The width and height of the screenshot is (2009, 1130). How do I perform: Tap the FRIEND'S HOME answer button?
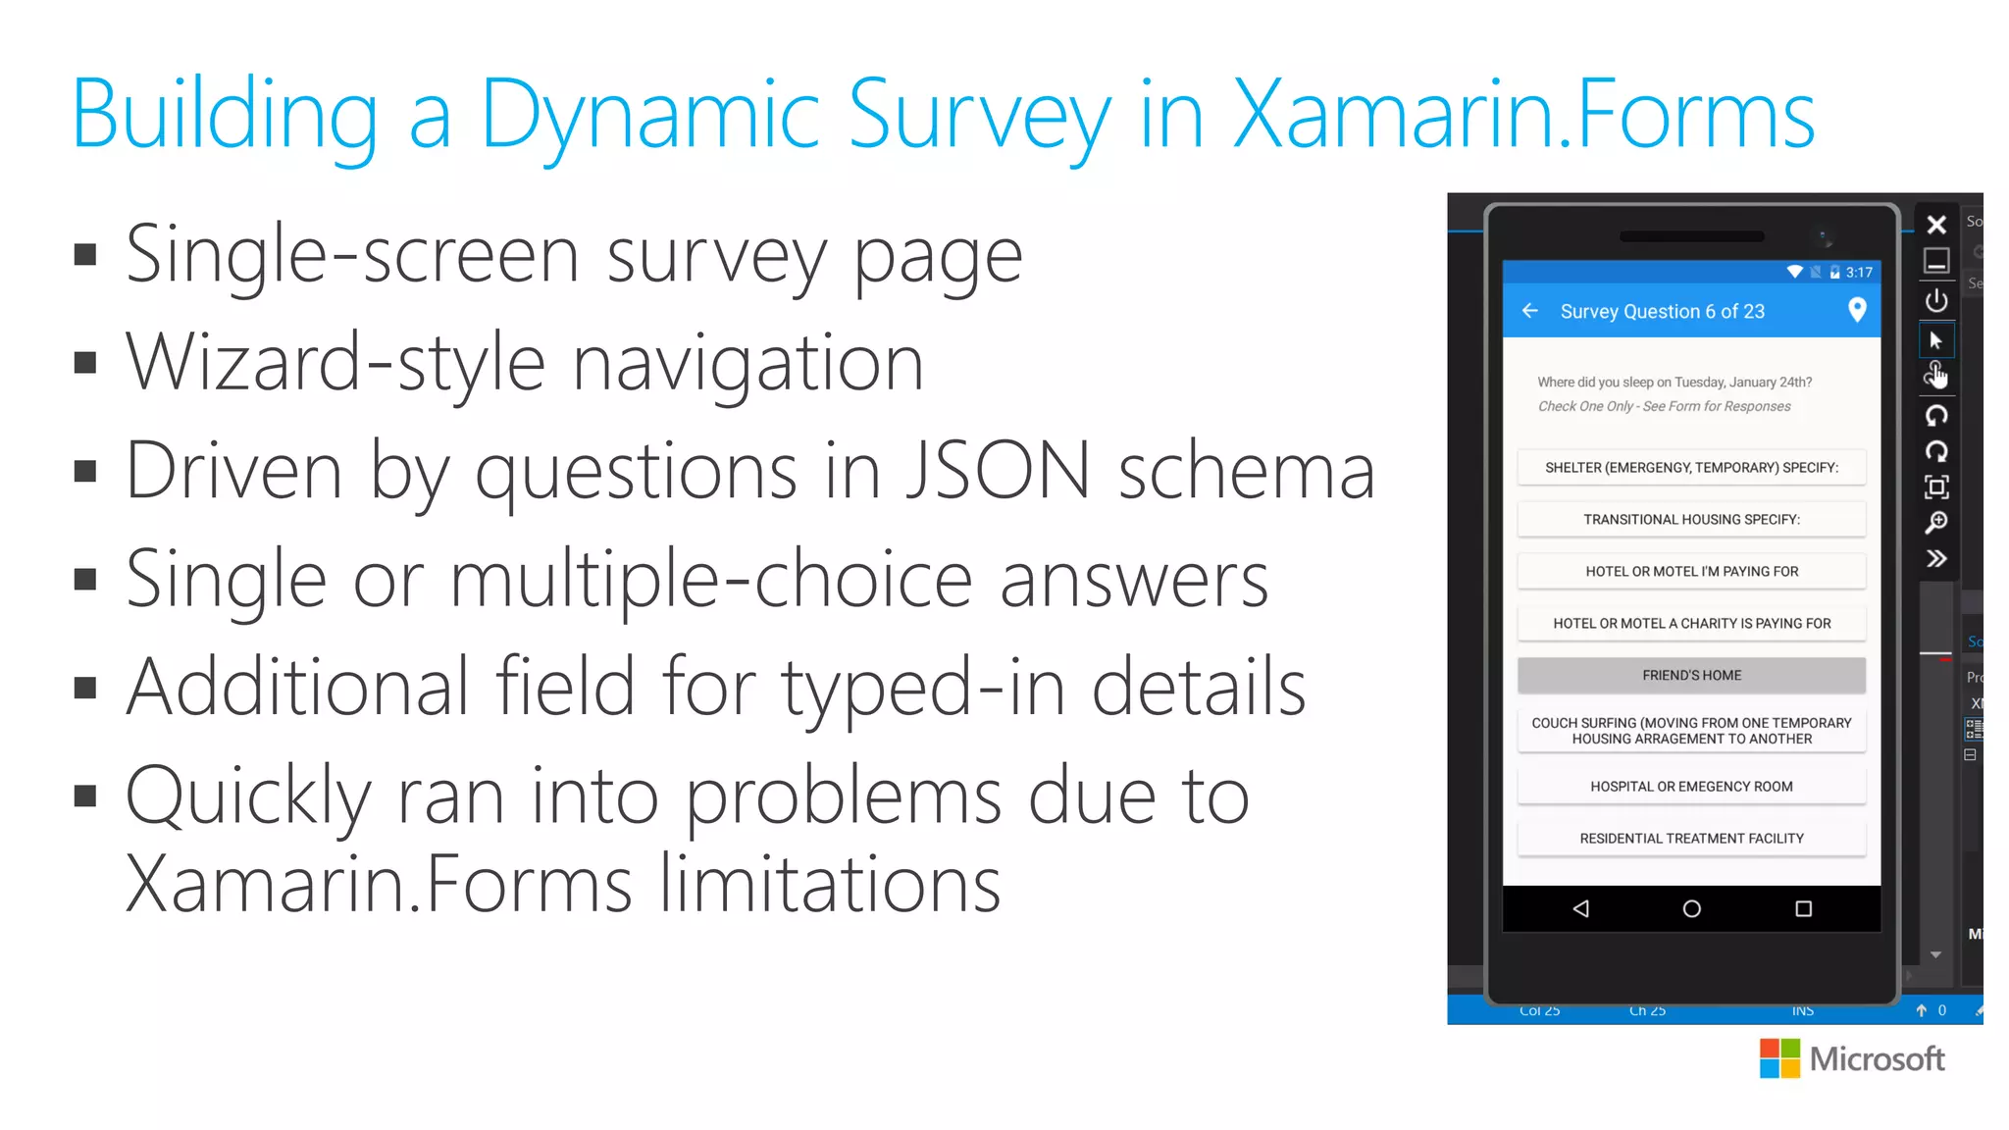(1691, 675)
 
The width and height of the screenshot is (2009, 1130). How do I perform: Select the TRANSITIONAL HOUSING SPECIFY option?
(1691, 519)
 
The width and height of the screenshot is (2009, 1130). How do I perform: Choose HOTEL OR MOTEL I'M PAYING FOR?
(1691, 571)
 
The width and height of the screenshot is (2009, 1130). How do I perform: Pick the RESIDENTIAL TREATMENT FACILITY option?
(1691, 838)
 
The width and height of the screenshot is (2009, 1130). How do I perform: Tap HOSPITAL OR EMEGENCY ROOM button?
(1691, 786)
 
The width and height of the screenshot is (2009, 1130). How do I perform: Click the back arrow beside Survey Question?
(1530, 311)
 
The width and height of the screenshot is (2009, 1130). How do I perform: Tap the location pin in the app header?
(1856, 310)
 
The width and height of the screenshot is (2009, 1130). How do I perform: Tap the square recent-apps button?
(1803, 908)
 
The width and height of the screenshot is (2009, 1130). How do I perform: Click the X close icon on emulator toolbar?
(1936, 225)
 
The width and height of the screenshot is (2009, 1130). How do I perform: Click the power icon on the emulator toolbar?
(1936, 300)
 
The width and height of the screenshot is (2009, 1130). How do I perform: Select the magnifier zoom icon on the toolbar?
(1936, 523)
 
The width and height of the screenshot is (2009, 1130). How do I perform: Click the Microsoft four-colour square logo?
(1779, 1058)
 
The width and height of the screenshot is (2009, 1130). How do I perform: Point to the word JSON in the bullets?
(997, 471)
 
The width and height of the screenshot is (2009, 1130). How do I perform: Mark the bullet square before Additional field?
(85, 687)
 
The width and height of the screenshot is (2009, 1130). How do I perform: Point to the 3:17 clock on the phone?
(1859, 273)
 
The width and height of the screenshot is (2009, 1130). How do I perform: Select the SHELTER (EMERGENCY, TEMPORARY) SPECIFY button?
(1691, 467)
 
